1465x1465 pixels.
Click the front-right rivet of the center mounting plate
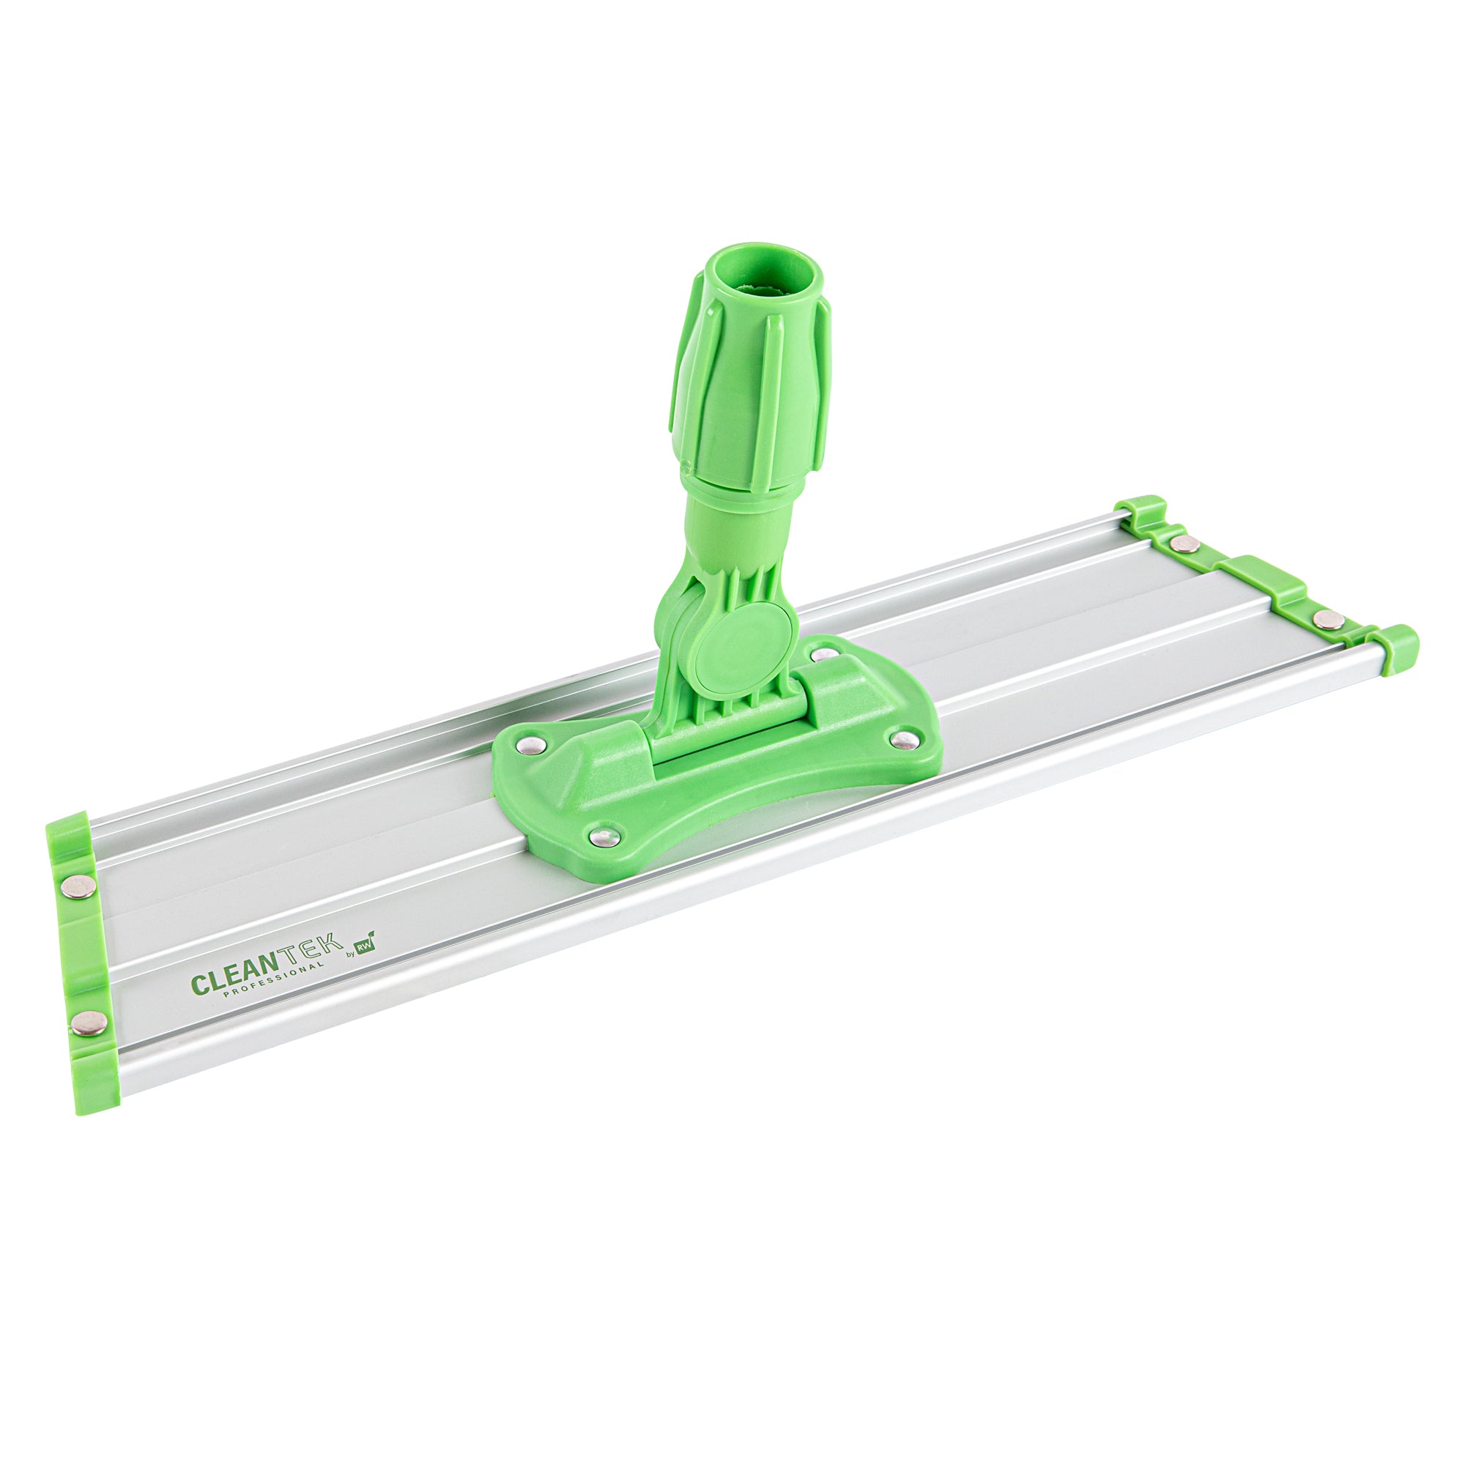[902, 738]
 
